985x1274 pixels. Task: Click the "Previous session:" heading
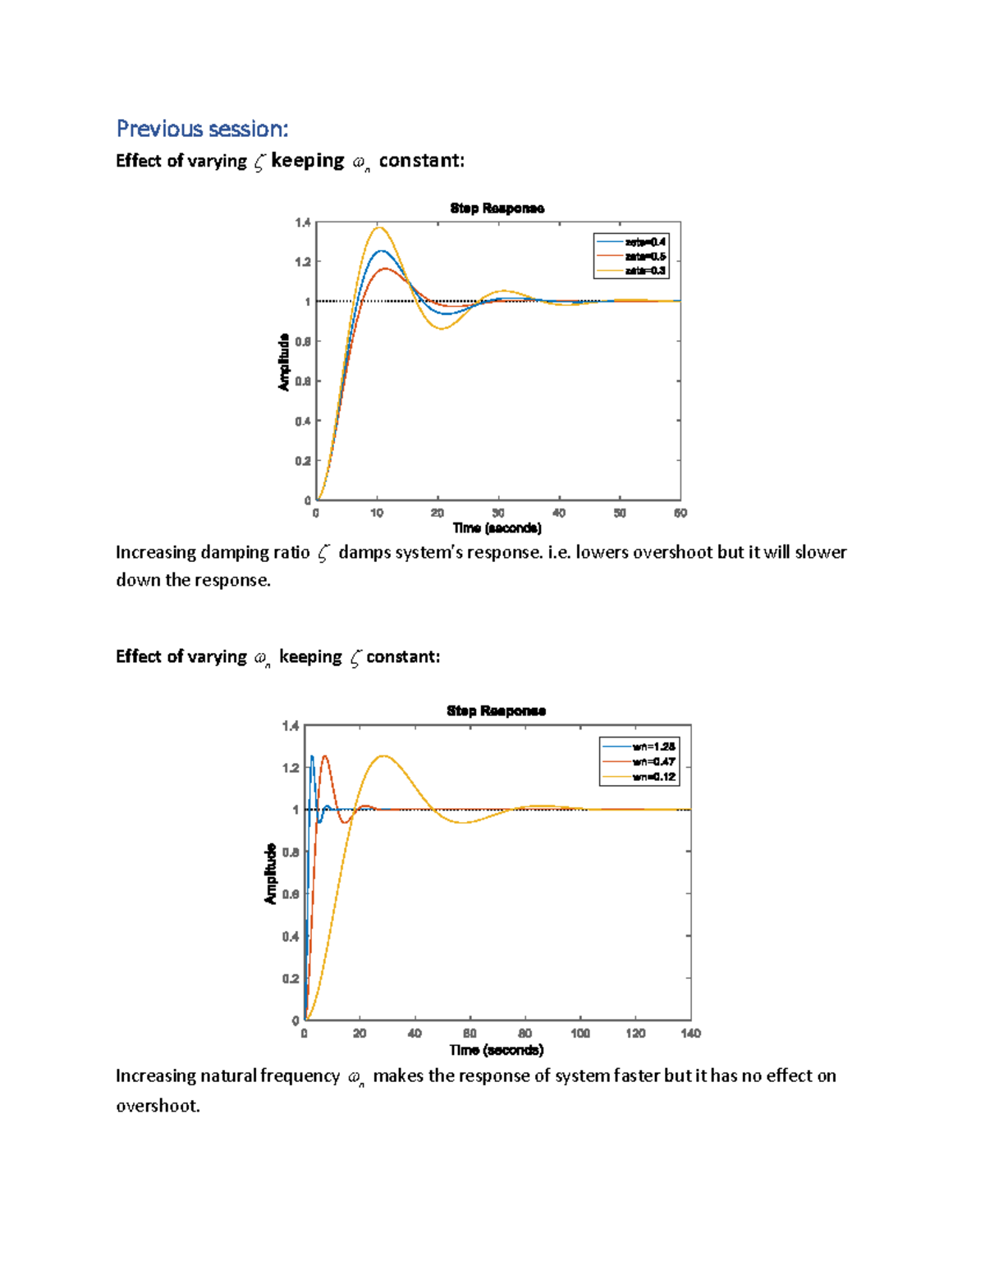pyautogui.click(x=202, y=129)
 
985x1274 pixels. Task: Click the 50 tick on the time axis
pyautogui.click(x=620, y=514)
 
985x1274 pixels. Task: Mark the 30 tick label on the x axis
pyautogui.click(x=498, y=514)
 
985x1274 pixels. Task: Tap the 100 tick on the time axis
pyautogui.click(x=580, y=1034)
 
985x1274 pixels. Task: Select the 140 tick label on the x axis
pyautogui.click(x=690, y=1034)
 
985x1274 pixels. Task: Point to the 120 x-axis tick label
pyautogui.click(x=635, y=1034)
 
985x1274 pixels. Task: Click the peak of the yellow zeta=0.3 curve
pyautogui.click(x=379, y=227)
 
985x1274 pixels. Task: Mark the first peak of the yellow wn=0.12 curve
pyautogui.click(x=383, y=756)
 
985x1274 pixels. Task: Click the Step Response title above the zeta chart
pyautogui.click(x=497, y=208)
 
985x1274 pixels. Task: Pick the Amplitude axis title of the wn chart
pyautogui.click(x=271, y=874)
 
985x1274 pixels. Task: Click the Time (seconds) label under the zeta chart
pyautogui.click(x=497, y=528)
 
